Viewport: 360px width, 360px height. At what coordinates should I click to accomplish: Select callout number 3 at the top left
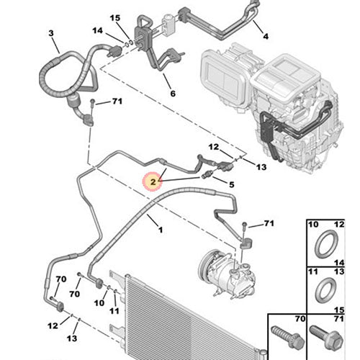pyautogui.click(x=51, y=33)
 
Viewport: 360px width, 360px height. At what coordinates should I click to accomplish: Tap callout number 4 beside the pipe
pyautogui.click(x=265, y=36)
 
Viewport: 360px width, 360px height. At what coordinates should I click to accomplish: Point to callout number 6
pyautogui.click(x=172, y=93)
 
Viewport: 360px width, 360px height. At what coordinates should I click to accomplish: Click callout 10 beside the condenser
pyautogui.click(x=99, y=304)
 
